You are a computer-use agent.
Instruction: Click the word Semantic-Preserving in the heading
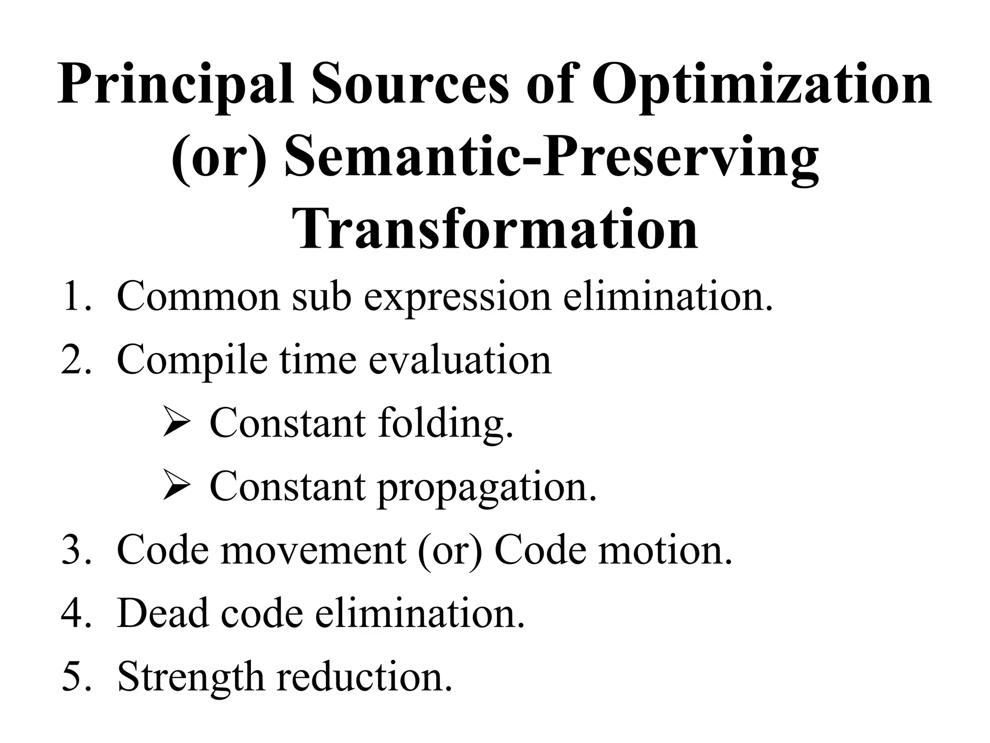click(551, 160)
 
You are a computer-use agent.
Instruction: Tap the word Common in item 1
click(198, 296)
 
